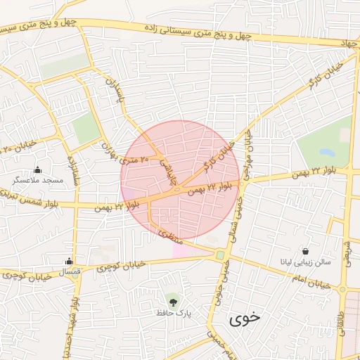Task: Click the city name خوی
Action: click(x=244, y=319)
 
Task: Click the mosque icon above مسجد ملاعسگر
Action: click(x=37, y=169)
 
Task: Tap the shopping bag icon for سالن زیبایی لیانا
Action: click(x=306, y=251)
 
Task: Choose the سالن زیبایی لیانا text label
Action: click(x=306, y=262)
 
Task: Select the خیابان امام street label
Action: click(x=310, y=281)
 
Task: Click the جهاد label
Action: click(x=349, y=44)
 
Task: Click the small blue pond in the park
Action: click(x=327, y=151)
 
